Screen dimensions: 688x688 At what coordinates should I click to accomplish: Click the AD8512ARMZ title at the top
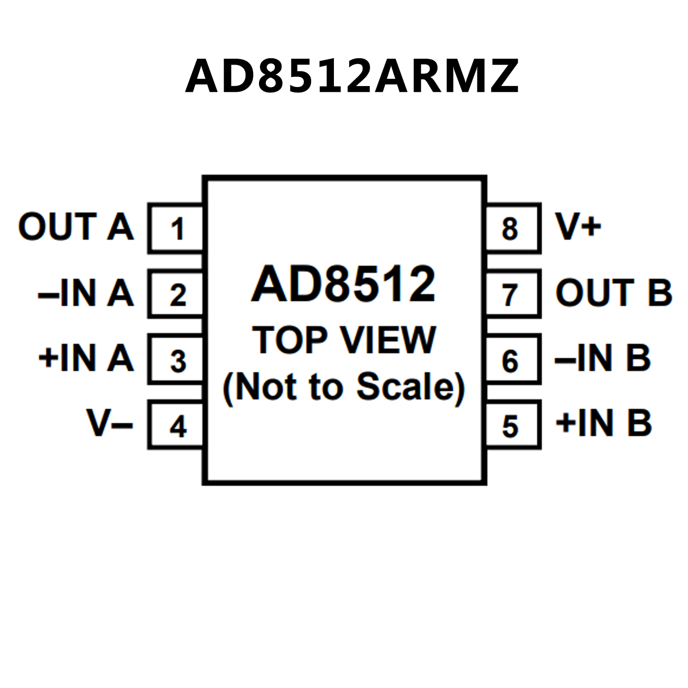tap(352, 76)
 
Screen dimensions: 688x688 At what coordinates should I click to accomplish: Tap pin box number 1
tap(176, 228)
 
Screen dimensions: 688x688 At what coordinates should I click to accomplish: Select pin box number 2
tap(176, 294)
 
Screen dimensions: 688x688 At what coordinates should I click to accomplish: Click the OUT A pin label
tap(76, 226)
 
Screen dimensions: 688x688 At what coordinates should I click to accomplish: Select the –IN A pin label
tap(86, 293)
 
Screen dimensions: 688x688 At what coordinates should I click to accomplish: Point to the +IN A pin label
tap(86, 358)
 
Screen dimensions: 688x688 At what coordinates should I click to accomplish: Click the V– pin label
tap(110, 423)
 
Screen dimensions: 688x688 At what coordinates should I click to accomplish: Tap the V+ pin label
tap(578, 225)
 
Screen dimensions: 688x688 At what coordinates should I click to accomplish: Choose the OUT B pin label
tap(614, 293)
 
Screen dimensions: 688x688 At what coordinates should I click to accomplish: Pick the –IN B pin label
tap(603, 358)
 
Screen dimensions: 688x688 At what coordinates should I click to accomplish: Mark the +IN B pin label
tap(603, 423)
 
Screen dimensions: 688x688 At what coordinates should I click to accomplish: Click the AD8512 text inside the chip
tap(343, 284)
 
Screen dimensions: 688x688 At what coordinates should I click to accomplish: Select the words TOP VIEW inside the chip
tap(344, 340)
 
